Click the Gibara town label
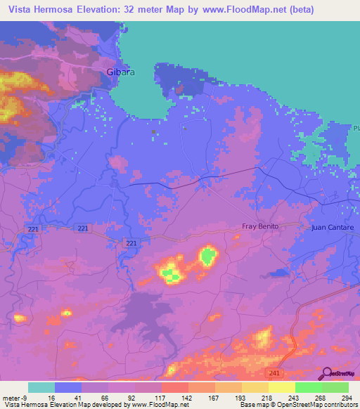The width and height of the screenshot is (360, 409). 120,72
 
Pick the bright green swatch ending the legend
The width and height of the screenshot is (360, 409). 335,387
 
